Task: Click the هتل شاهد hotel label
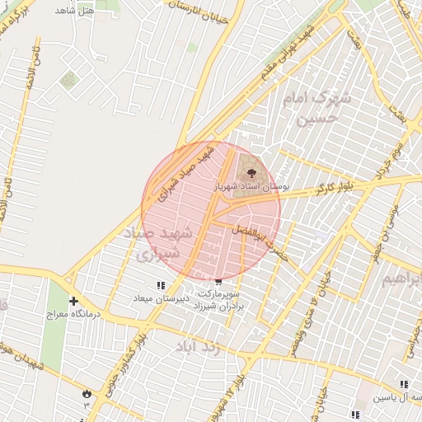click(x=74, y=12)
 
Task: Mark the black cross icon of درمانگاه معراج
click(x=74, y=301)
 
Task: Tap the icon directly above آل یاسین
click(x=404, y=384)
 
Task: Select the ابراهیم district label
click(x=405, y=279)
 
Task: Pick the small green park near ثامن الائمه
click(x=68, y=80)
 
